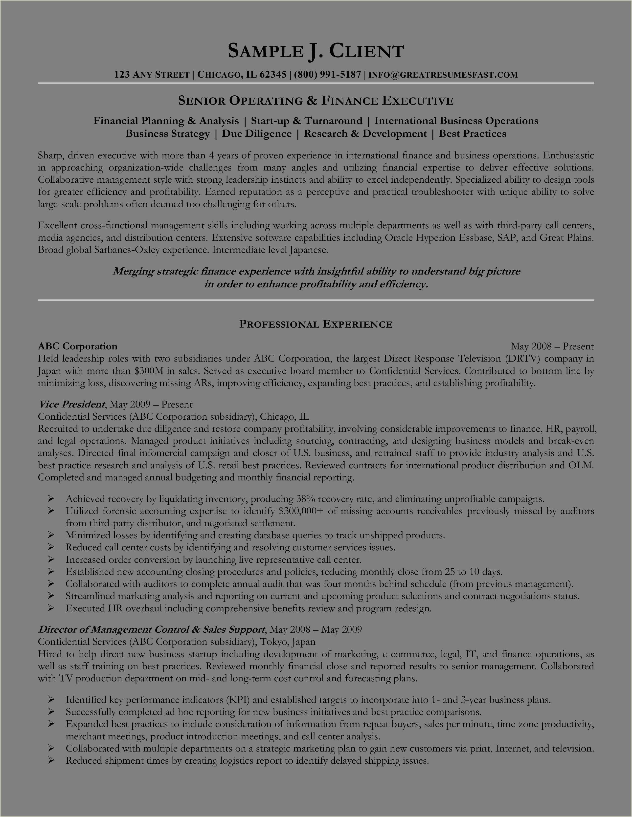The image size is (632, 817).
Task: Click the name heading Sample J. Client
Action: click(x=316, y=51)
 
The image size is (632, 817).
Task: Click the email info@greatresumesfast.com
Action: click(x=443, y=75)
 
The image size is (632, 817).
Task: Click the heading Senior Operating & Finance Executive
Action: click(x=316, y=101)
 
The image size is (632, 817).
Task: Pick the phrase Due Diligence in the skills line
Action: click(x=257, y=133)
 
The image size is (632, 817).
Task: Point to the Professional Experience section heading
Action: click(x=316, y=324)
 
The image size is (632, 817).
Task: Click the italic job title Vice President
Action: click(x=71, y=404)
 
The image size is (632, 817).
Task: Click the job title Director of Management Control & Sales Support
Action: click(x=152, y=630)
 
